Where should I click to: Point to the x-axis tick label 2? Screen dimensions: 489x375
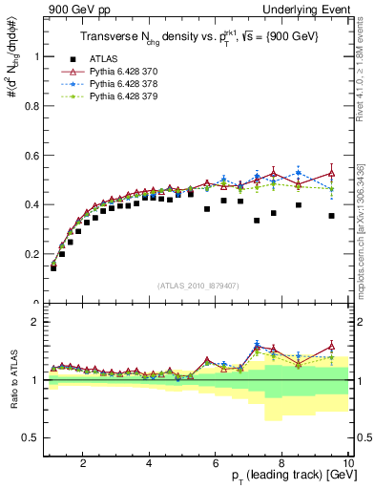pos(83,463)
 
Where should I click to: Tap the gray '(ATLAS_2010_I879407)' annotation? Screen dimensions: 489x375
pos(198,285)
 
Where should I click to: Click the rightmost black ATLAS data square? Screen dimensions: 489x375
pos(331,216)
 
